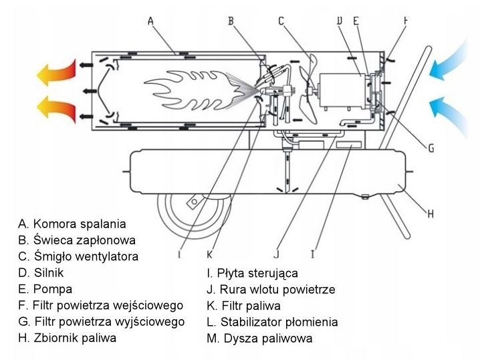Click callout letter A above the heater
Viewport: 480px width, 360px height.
tap(151, 21)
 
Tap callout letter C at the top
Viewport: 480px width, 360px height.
tap(282, 21)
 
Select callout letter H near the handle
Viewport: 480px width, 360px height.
tap(431, 214)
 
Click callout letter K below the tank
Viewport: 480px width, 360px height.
tap(210, 254)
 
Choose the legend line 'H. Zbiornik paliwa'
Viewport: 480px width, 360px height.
tap(68, 338)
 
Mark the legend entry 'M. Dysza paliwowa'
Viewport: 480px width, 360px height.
tap(259, 339)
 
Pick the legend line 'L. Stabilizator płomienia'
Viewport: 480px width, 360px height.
tap(272, 322)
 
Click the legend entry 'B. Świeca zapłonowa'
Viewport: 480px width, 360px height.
tap(77, 240)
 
